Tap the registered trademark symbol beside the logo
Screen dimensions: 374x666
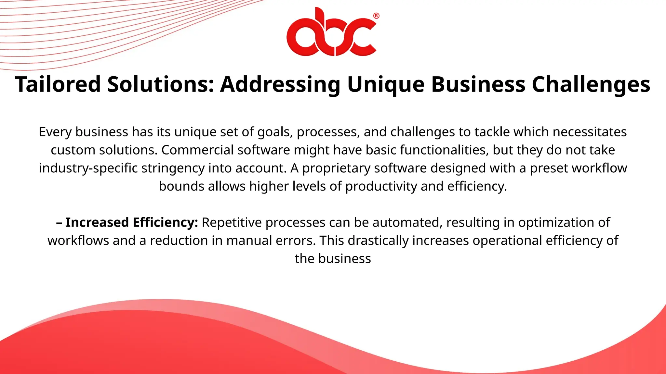pos(376,16)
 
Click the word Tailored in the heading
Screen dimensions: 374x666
pos(58,84)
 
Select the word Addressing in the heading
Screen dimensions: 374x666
pos(280,84)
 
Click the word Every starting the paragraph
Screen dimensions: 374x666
pos(56,132)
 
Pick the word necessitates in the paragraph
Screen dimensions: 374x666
pos(590,132)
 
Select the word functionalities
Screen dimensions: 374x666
pos(444,150)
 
